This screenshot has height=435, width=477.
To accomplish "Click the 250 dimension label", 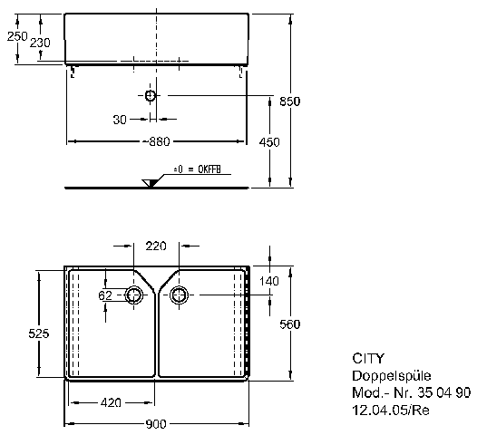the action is tap(17, 36).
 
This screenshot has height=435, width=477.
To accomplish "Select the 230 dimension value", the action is tap(40, 43).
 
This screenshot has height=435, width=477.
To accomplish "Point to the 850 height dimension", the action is tap(290, 101).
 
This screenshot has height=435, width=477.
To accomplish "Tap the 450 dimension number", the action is tap(269, 142).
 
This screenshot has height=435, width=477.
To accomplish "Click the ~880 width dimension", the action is tap(156, 141).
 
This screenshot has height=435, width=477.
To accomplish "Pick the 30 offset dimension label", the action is tap(120, 120).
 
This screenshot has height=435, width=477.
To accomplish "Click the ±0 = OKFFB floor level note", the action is tap(197, 169).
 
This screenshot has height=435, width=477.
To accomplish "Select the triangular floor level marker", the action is tap(150, 183).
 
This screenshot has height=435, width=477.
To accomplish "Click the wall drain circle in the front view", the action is tap(151, 96).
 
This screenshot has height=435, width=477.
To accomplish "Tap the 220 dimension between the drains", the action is tap(156, 246).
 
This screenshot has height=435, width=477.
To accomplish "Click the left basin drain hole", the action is tap(133, 295).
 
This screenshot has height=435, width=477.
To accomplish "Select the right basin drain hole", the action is tap(180, 295).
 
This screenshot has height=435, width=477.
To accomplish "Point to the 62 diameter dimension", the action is tap(105, 295).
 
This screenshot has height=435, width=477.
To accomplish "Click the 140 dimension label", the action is tap(269, 281).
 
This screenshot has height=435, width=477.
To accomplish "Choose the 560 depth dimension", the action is tap(290, 324).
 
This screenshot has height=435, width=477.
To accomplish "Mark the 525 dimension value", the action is tap(39, 333).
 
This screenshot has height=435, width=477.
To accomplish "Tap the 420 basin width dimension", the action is tap(111, 402).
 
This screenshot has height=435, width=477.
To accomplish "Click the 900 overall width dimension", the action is tap(156, 424).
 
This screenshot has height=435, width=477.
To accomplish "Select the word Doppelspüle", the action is tap(392, 376).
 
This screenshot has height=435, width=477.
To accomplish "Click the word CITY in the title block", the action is tap(368, 359).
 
